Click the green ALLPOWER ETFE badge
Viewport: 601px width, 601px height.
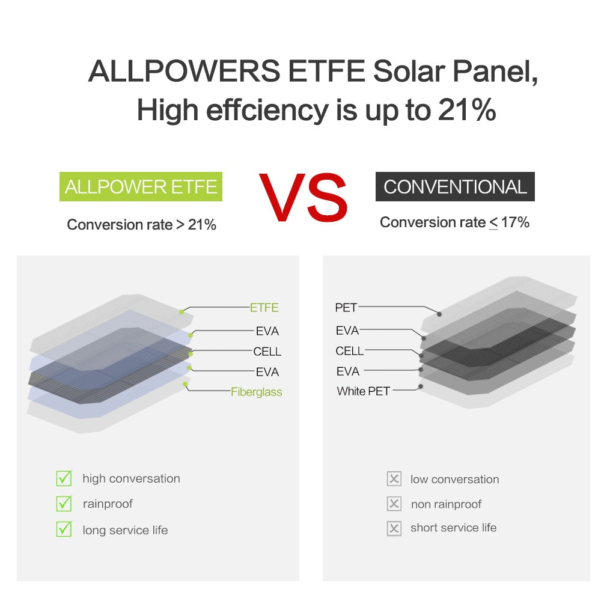coord(141,186)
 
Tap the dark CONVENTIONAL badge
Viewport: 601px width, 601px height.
coord(455,186)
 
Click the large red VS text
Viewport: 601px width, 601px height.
coord(304,197)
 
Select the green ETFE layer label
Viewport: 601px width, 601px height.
coord(264,308)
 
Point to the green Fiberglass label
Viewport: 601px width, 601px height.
coord(257,392)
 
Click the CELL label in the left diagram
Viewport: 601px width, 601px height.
coord(267,352)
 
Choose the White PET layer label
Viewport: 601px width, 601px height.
coord(363,391)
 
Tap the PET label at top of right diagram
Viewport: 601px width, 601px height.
coord(346,308)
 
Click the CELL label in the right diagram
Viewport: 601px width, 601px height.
coord(350,351)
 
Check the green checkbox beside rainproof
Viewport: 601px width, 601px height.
coord(64,504)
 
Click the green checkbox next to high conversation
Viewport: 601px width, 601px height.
coord(64,478)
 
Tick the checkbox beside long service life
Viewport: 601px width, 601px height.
coord(64,529)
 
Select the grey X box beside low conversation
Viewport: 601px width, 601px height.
coord(394,479)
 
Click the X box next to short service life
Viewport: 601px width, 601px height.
coord(394,528)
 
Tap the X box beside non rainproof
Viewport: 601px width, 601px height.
coord(394,504)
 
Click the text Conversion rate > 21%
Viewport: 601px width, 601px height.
coord(141,225)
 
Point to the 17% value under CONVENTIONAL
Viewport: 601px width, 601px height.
coord(515,222)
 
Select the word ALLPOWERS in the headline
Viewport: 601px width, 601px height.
coord(184,72)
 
